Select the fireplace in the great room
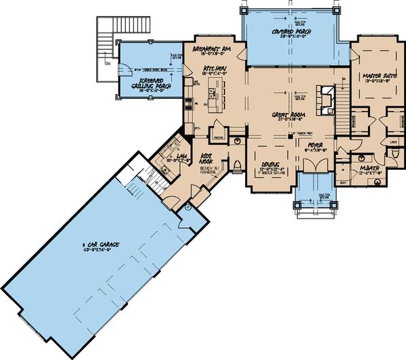coord(326,98)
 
